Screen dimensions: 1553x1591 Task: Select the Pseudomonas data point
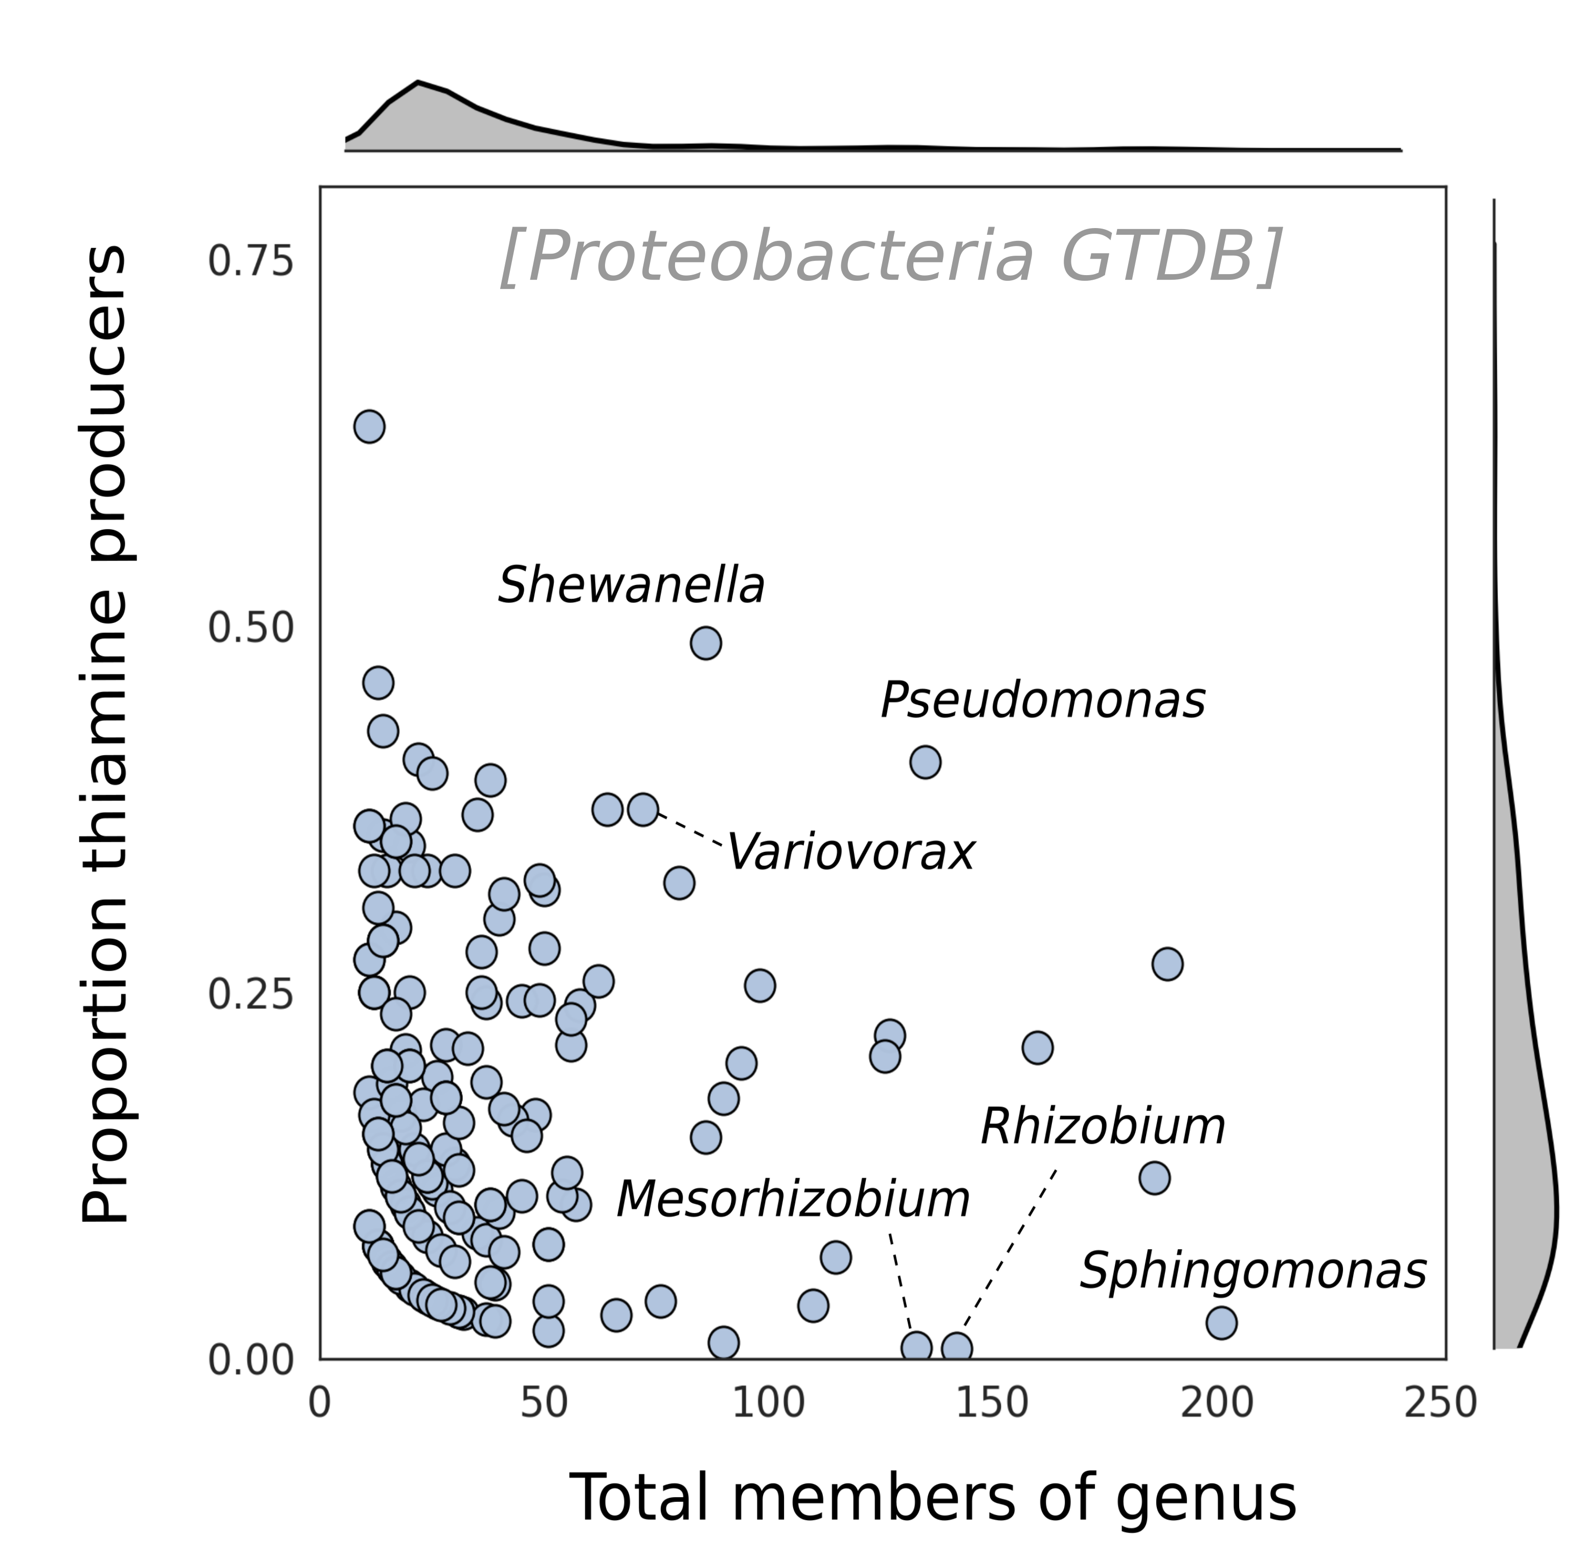click(x=925, y=762)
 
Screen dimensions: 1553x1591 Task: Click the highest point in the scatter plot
click(x=370, y=426)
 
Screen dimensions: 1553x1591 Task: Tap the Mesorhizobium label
click(x=792, y=1199)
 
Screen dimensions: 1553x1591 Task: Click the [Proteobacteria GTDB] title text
click(x=891, y=256)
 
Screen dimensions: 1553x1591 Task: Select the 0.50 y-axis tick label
click(x=250, y=628)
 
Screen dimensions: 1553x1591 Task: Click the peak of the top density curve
click(x=418, y=82)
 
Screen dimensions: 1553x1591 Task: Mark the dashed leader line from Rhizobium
click(x=1010, y=1248)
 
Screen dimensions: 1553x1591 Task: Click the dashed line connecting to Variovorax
click(x=689, y=829)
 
